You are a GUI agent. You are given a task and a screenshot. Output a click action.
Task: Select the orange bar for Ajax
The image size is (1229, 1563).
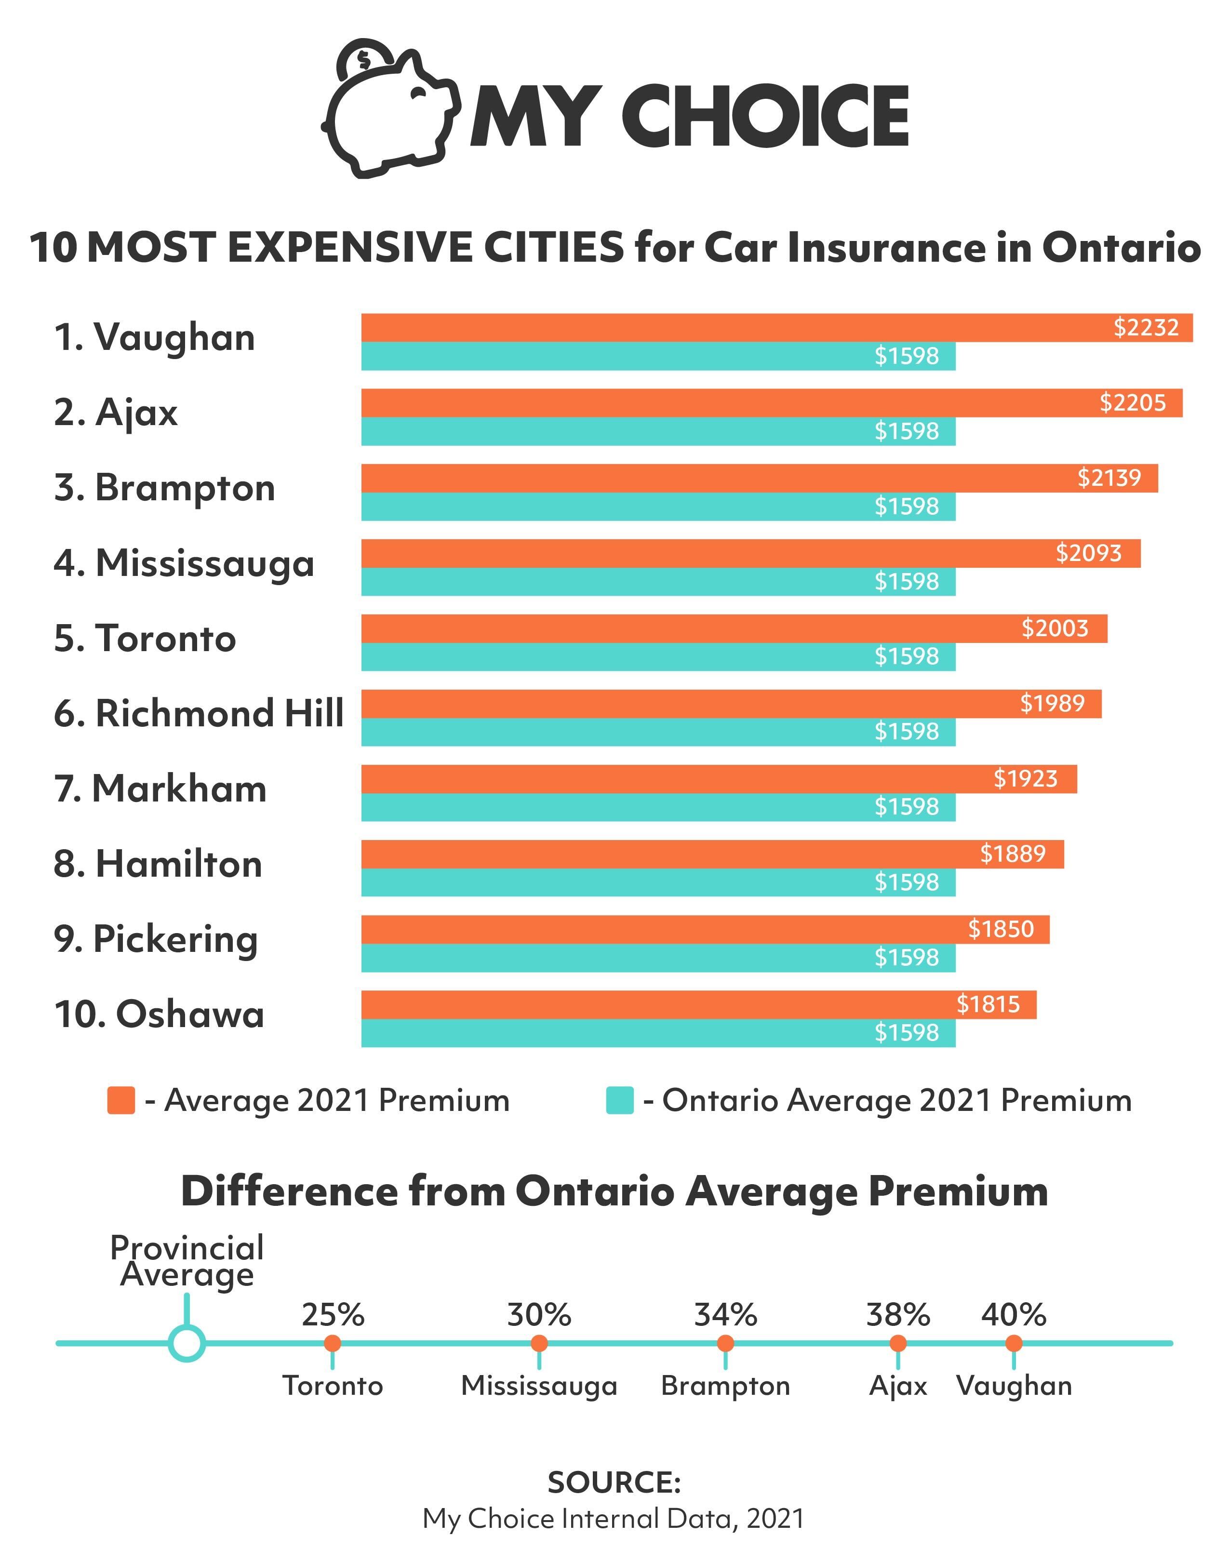pyautogui.click(x=720, y=403)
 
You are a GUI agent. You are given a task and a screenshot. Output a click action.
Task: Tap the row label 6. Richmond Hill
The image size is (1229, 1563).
pyautogui.click(x=199, y=713)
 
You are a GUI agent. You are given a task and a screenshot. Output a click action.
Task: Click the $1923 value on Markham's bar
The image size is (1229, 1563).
pyautogui.click(x=1025, y=779)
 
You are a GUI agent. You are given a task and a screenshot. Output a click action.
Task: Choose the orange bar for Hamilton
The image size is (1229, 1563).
pyautogui.click(x=683, y=854)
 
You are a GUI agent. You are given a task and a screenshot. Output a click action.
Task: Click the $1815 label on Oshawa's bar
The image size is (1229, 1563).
pyautogui.click(x=988, y=1004)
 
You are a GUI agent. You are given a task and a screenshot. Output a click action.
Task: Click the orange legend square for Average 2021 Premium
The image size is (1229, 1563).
pyautogui.click(x=121, y=1100)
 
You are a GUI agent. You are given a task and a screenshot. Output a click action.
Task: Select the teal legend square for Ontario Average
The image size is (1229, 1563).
pyautogui.click(x=619, y=1100)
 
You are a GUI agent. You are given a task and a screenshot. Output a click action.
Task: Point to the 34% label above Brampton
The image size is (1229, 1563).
pyautogui.click(x=725, y=1315)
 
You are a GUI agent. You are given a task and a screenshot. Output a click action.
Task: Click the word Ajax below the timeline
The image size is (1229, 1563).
pyautogui.click(x=897, y=1386)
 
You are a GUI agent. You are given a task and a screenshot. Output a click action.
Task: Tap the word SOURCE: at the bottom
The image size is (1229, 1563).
pyautogui.click(x=614, y=1483)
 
